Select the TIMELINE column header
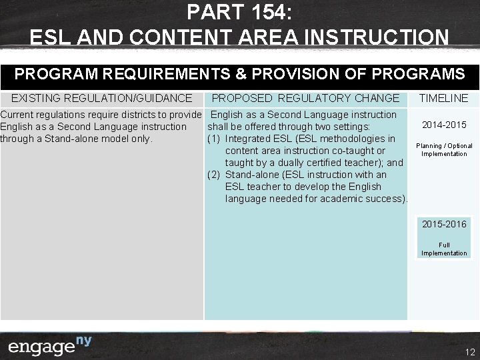pyautogui.click(x=443, y=98)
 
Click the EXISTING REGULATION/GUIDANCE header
pyautogui.click(x=101, y=98)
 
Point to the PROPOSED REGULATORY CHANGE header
pyautogui.click(x=305, y=98)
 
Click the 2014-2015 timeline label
pyautogui.click(x=444, y=125)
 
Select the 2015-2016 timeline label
pyautogui.click(x=444, y=224)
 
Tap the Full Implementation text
pyautogui.click(x=444, y=249)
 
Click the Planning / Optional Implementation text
pyautogui.click(x=444, y=149)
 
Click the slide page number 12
pyautogui.click(x=469, y=352)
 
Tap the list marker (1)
pyautogui.click(x=214, y=139)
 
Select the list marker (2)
pyautogui.click(x=214, y=175)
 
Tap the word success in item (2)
pyautogui.click(x=385, y=199)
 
